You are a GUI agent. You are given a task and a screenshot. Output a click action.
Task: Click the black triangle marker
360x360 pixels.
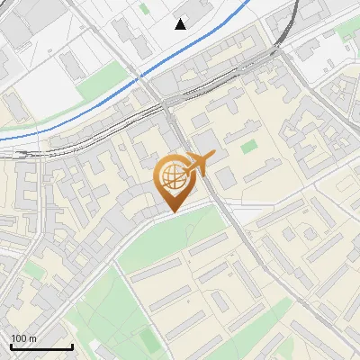[x=181, y=24]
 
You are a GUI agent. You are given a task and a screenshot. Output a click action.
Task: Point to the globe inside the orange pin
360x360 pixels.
[x=171, y=176]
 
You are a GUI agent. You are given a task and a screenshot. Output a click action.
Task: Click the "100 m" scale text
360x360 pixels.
[x=23, y=338]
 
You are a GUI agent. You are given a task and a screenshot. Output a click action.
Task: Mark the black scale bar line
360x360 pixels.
[x=41, y=346]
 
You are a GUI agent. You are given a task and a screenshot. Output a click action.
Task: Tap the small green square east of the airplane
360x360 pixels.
[x=247, y=145]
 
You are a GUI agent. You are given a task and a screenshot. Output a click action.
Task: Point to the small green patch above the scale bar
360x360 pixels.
[x=34, y=269]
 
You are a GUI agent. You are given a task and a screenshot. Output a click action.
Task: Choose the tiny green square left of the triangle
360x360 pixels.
[x=145, y=9]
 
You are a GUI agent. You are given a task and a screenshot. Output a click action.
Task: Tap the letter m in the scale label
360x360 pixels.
[x=32, y=338]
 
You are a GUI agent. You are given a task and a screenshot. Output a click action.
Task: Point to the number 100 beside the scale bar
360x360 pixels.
[x=19, y=338]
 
